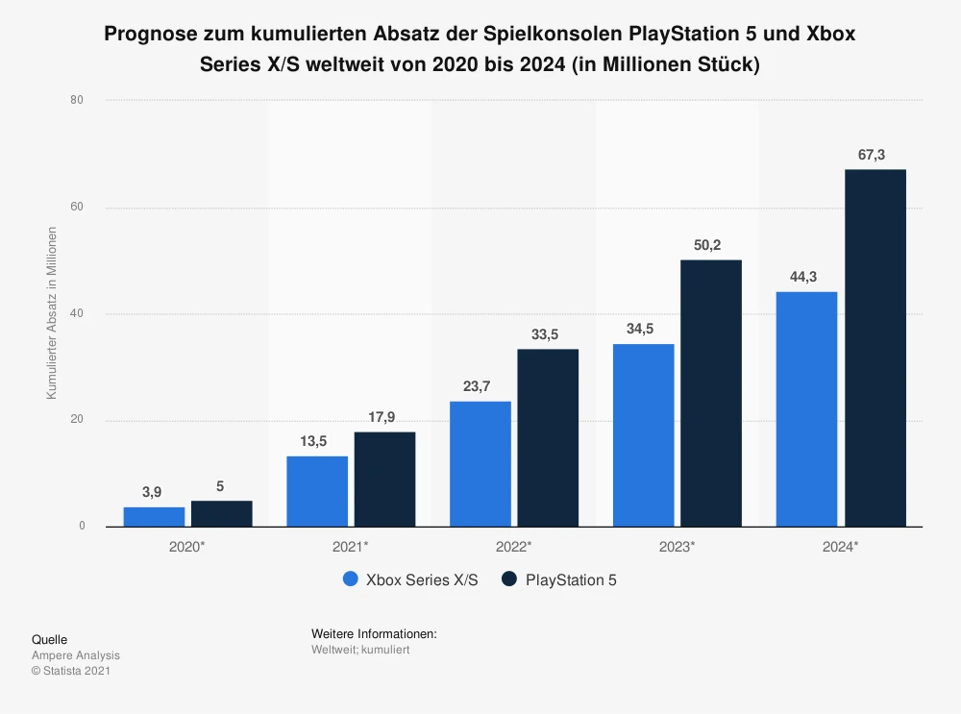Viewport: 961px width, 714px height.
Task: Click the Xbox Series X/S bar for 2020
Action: click(154, 517)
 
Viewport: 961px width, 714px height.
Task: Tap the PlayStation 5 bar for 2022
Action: click(548, 437)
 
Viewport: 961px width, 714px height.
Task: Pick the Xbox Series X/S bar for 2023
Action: click(643, 434)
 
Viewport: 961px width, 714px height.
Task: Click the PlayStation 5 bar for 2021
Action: click(384, 479)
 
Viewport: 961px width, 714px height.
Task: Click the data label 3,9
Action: click(152, 493)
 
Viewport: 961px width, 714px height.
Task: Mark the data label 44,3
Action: click(805, 278)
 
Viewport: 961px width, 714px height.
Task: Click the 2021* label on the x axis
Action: click(350, 546)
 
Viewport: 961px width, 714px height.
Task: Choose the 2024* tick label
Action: click(840, 546)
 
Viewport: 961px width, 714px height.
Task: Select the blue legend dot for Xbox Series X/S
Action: click(350, 579)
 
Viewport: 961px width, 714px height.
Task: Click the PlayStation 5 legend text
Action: click(571, 579)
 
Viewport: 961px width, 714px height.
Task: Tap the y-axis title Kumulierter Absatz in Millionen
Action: click(52, 312)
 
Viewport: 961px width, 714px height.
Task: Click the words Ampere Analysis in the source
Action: click(76, 655)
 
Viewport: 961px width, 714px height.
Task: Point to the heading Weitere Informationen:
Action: click(374, 634)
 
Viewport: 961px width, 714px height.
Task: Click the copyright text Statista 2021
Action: click(76, 671)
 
